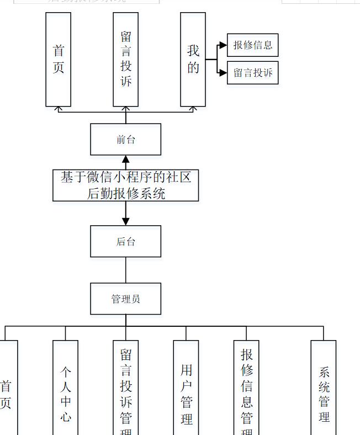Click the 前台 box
point(125,139)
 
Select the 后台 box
point(125,241)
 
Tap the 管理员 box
point(125,299)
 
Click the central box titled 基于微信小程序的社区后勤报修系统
point(125,185)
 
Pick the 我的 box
point(193,59)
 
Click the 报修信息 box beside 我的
point(252,45)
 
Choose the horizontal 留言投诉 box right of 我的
point(252,73)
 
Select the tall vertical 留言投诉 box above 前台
point(125,59)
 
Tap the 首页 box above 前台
point(58,59)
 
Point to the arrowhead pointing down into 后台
point(125,221)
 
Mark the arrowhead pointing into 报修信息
point(223,45)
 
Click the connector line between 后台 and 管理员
point(125,270)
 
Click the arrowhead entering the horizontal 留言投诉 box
point(223,73)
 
